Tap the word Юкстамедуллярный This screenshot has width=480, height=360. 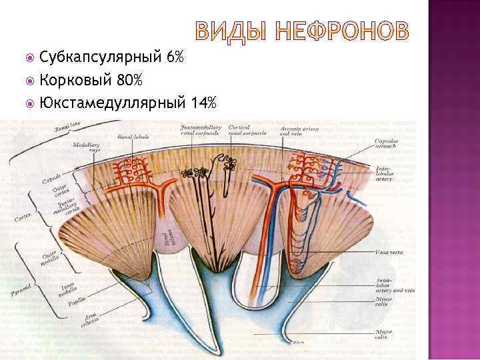click(113, 103)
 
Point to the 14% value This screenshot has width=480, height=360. click(203, 103)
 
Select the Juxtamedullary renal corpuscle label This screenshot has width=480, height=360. click(200, 129)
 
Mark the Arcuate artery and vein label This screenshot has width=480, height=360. click(294, 130)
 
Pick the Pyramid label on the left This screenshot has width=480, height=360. click(19, 291)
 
